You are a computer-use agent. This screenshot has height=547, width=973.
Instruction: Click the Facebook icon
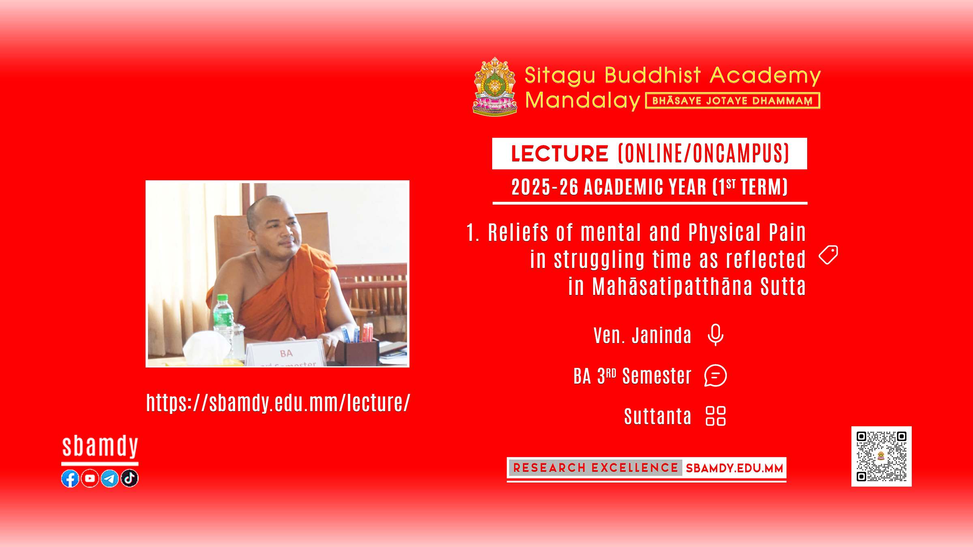pos(70,479)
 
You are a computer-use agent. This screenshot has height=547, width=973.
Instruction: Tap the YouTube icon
pos(90,479)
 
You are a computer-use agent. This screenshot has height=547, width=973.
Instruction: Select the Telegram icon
pos(109,479)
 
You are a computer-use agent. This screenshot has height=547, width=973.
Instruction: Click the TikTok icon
pos(129,479)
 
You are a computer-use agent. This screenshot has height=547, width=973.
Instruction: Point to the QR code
pos(881,456)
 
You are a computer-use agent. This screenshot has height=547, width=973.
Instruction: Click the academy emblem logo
pos(495,86)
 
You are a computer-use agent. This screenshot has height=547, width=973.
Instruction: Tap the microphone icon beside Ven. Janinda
pos(716,335)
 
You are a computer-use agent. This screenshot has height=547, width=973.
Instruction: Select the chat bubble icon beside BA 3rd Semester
pos(716,376)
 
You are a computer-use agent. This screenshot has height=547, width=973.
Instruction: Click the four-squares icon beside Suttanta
pos(716,416)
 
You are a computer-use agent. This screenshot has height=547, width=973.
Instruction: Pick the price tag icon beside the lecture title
pos(828,255)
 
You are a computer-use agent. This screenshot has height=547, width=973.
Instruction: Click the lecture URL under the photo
pos(278,403)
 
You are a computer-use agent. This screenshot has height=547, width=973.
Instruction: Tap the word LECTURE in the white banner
pos(559,154)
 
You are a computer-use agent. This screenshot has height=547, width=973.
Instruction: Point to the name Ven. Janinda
pos(643,335)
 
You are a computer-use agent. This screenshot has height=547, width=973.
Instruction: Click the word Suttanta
pos(658,417)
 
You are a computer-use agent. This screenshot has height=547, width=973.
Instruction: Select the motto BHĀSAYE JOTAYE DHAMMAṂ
pos(733,101)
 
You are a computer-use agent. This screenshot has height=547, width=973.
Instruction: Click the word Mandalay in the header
pos(583,100)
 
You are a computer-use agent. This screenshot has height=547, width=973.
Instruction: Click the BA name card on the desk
pos(286,353)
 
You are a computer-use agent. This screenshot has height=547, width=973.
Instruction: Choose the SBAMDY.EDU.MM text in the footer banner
pos(734,468)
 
